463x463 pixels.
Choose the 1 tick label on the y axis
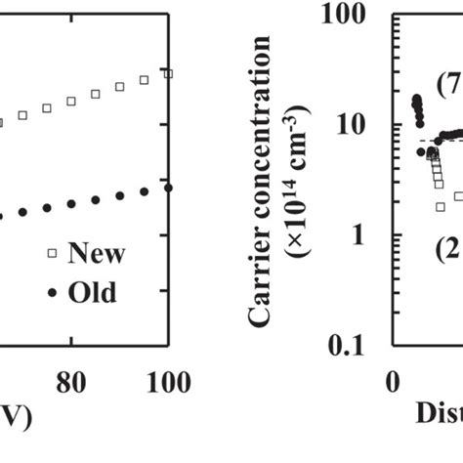pyautogui.click(x=369, y=235)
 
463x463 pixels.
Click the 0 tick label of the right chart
pyautogui.click(x=394, y=381)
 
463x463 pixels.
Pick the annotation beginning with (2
pyautogui.click(x=447, y=247)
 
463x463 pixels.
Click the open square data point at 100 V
pyautogui.click(x=168, y=73)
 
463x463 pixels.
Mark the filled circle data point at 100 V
pyautogui.click(x=168, y=187)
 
